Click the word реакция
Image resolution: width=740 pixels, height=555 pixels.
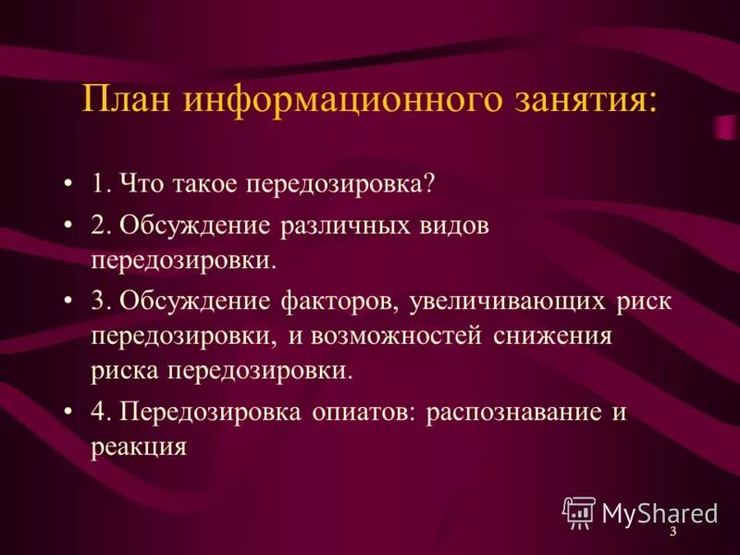(x=139, y=446)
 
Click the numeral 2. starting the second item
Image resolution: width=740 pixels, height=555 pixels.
(x=101, y=226)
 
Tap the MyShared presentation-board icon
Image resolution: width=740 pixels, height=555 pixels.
(x=579, y=512)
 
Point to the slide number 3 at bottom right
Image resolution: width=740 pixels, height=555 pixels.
(x=672, y=534)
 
